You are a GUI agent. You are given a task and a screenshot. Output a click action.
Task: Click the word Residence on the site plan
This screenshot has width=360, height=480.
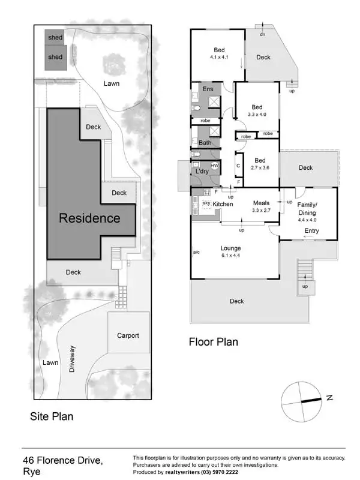[x=89, y=218]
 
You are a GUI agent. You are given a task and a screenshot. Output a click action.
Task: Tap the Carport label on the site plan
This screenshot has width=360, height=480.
[x=128, y=335]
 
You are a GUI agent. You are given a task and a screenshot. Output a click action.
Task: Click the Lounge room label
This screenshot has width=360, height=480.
[x=230, y=248]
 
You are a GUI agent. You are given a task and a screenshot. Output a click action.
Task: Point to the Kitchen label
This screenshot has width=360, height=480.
[x=223, y=205]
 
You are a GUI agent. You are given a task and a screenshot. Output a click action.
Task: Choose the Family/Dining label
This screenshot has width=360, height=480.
[x=307, y=208]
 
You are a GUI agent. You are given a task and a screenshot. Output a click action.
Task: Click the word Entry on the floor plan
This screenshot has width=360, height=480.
[x=311, y=231]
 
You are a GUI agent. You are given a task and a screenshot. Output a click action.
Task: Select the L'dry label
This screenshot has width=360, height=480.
[x=202, y=172]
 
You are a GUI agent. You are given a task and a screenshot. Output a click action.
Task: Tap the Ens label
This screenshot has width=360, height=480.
[x=208, y=89]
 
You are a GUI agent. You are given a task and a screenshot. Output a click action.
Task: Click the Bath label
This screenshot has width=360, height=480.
[x=205, y=143]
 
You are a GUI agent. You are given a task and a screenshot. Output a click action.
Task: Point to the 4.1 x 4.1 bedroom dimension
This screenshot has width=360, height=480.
[x=220, y=58]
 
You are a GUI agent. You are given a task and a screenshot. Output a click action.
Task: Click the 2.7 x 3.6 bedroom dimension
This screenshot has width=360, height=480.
[x=260, y=168]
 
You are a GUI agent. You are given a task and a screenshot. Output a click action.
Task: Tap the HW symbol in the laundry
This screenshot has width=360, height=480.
[x=214, y=165]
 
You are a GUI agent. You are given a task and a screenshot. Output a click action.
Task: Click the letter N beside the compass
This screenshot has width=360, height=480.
[x=329, y=397]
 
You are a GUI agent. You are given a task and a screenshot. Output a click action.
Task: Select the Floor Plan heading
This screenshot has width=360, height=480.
[x=213, y=342]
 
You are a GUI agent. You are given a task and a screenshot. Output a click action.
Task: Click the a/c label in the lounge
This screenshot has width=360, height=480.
[x=196, y=253]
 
